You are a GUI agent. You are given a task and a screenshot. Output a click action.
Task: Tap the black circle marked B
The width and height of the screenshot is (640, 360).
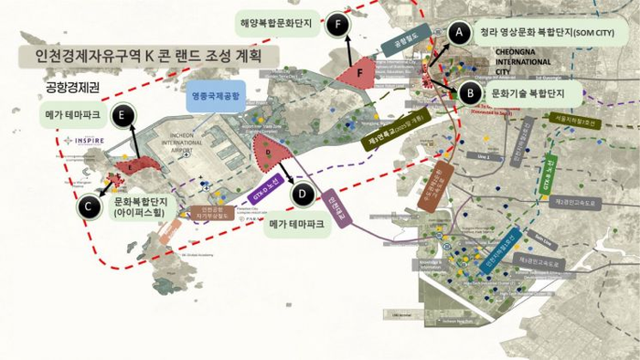[x=467, y=91]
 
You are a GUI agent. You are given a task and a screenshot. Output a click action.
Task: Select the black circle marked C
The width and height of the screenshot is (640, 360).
[x=88, y=207]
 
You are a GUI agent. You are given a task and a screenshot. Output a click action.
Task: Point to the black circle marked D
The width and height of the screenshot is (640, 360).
[x=302, y=193]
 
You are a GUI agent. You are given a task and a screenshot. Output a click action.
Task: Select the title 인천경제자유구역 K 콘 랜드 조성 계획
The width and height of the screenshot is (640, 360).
[x=146, y=55]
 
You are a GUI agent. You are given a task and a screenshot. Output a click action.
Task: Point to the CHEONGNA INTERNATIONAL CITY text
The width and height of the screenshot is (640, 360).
[x=521, y=61]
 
